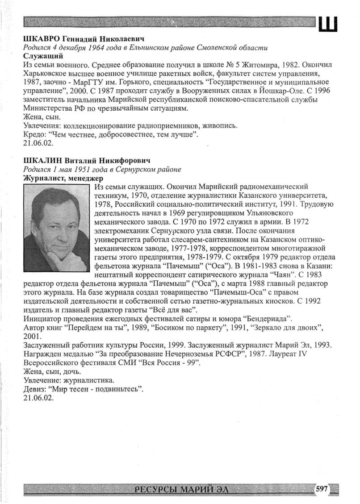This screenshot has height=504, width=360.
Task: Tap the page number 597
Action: [x=322, y=489]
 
